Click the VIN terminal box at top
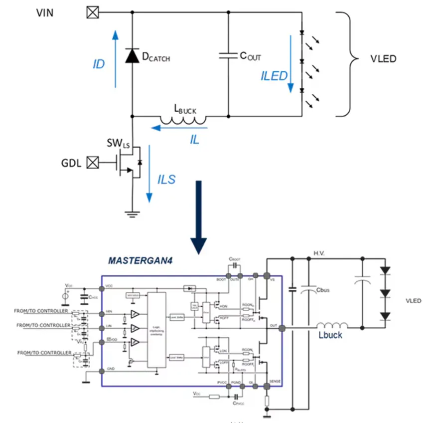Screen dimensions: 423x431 (x=92, y=12)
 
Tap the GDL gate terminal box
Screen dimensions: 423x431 (x=92, y=162)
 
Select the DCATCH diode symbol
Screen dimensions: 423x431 (x=132, y=55)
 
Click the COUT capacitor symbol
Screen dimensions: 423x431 (x=228, y=56)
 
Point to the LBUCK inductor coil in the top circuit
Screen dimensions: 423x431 (x=183, y=119)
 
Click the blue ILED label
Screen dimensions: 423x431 (x=274, y=76)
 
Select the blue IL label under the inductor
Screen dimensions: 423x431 (x=194, y=140)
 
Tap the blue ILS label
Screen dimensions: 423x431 (x=166, y=179)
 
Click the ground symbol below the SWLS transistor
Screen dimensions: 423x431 (x=132, y=214)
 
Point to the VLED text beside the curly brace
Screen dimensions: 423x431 (x=383, y=59)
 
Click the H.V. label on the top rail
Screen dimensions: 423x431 (x=320, y=253)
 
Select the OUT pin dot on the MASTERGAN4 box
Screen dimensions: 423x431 (x=282, y=328)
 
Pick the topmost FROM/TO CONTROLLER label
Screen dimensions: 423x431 (x=42, y=311)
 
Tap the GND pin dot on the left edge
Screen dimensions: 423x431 (x=102, y=371)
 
